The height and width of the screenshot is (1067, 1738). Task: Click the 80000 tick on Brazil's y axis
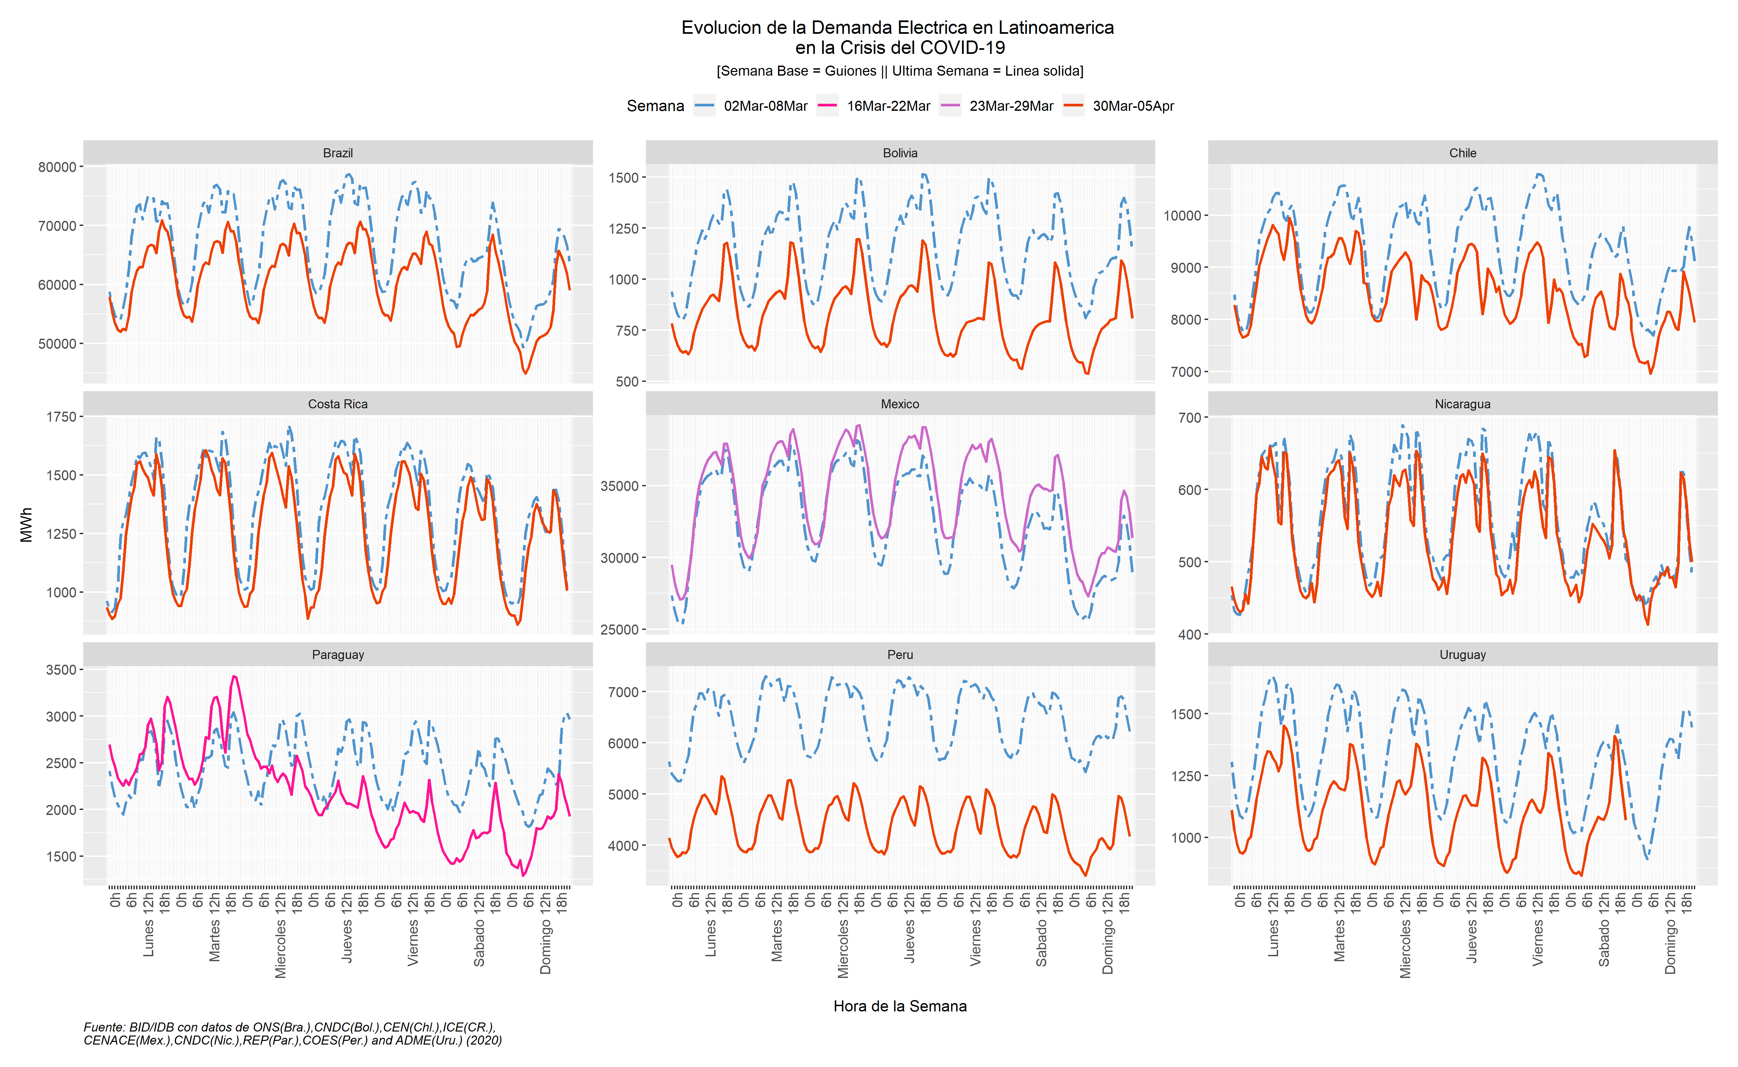pyautogui.click(x=57, y=167)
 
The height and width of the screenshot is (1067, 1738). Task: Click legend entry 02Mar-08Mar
pyautogui.click(x=765, y=106)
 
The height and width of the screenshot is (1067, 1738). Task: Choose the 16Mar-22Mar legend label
pyautogui.click(x=888, y=106)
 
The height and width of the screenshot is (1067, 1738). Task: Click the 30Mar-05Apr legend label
pyautogui.click(x=1133, y=106)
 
